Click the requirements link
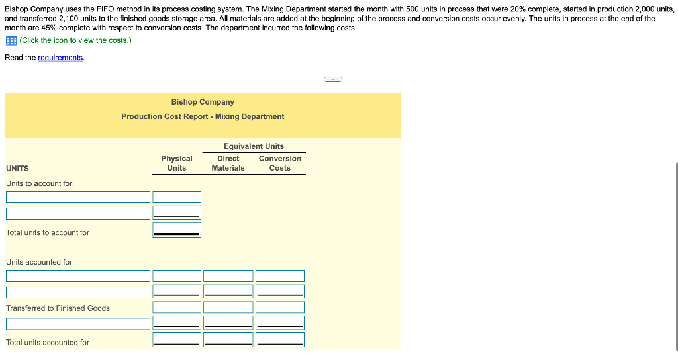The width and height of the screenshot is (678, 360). tap(61, 58)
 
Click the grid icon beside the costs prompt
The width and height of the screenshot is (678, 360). tap(11, 40)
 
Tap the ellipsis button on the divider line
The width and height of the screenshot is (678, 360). tap(333, 79)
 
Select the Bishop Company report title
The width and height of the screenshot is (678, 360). tap(203, 102)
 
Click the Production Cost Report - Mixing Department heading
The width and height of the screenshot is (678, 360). tap(203, 116)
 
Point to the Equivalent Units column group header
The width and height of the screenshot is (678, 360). tap(254, 146)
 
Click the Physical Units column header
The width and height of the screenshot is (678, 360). tap(177, 163)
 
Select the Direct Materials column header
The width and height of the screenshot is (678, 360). tap(228, 163)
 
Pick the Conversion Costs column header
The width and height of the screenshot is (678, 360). tap(279, 163)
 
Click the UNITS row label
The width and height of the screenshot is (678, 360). tap(17, 169)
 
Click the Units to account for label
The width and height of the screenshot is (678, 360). tap(40, 183)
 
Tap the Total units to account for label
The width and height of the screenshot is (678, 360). tap(48, 232)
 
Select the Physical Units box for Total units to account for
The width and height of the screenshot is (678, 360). tap(177, 230)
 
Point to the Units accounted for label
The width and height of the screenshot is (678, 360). tap(40, 262)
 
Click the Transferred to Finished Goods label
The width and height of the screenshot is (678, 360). tap(58, 308)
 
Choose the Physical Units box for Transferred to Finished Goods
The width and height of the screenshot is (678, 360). tap(177, 307)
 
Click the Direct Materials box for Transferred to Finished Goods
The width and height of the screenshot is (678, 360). tap(228, 307)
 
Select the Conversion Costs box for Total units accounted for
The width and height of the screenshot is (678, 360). tap(280, 339)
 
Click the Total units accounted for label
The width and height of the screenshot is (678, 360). tap(48, 343)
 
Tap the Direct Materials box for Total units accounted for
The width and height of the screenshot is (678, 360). tap(228, 339)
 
